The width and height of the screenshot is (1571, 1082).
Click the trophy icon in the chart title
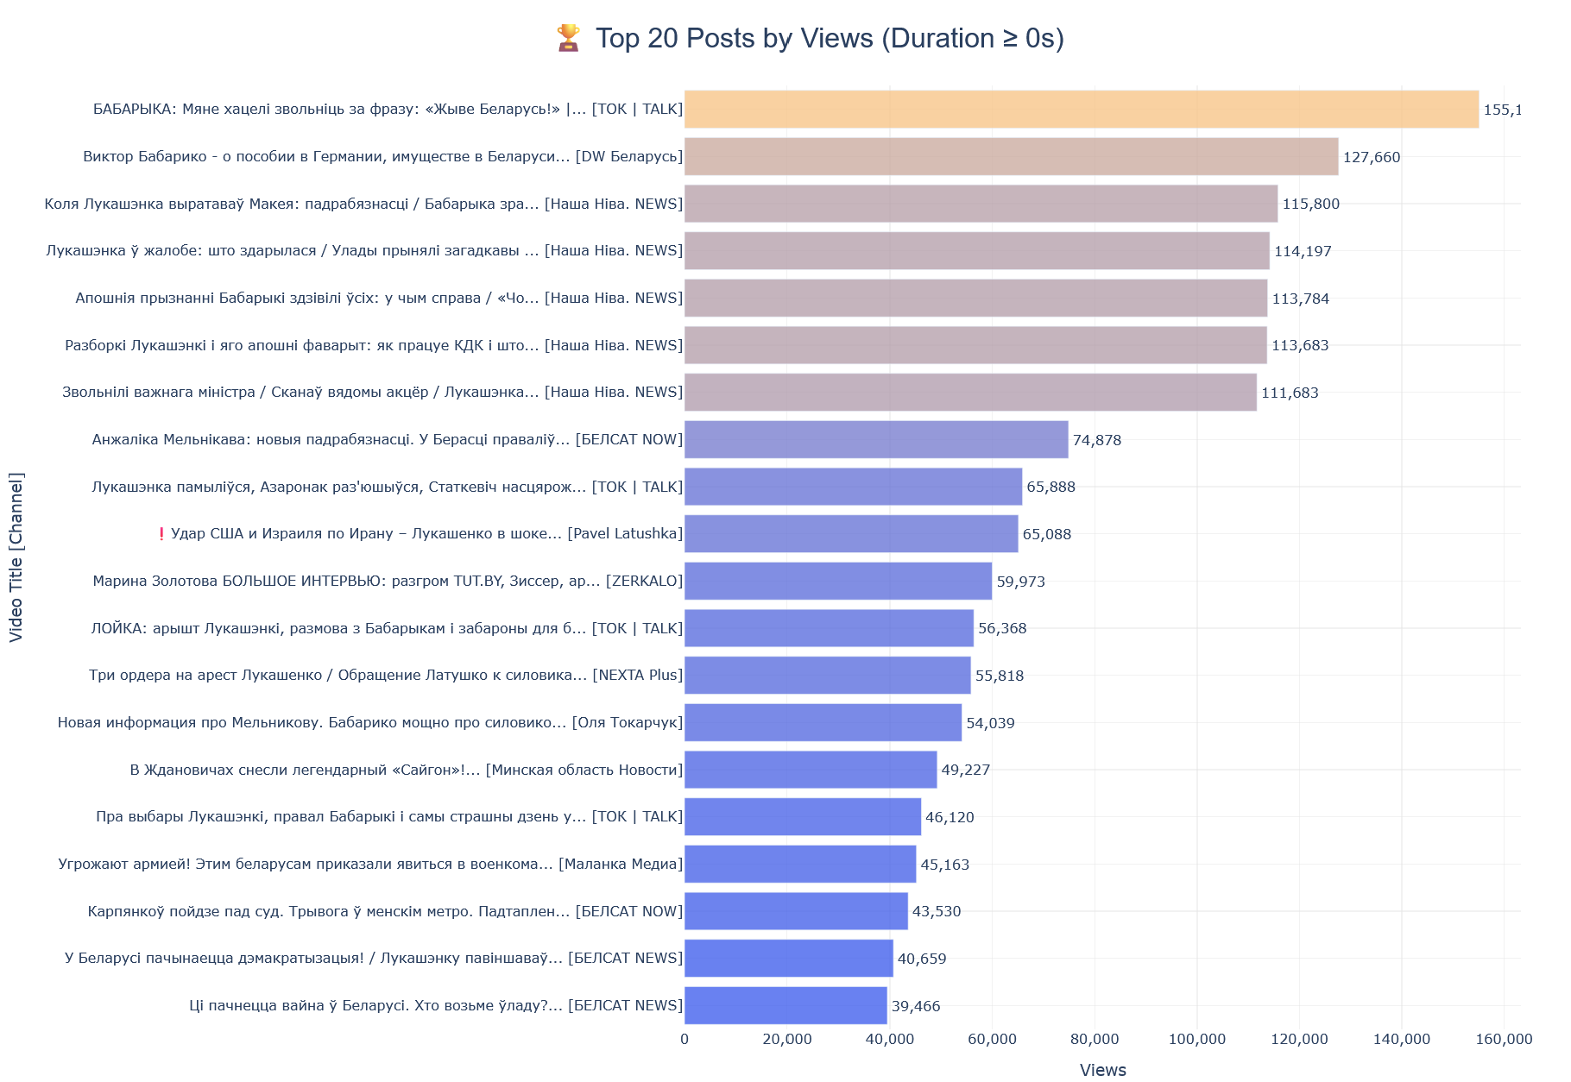coord(568,38)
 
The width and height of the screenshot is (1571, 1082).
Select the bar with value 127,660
coord(1011,157)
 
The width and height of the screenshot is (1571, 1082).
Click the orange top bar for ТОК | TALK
coord(1081,110)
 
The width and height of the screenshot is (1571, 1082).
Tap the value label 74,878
coord(1096,440)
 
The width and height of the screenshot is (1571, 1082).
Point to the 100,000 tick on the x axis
coord(1196,1040)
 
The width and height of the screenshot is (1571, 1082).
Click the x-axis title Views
coord(1102,1070)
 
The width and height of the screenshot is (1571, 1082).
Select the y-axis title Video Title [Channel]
coord(16,557)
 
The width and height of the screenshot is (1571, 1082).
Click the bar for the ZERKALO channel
coord(837,582)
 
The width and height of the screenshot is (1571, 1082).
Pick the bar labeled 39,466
coord(785,1006)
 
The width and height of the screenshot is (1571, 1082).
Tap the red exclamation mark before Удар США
coord(161,534)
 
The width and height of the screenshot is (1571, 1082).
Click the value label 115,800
coord(1310,204)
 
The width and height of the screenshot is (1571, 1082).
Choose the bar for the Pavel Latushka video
coord(850,534)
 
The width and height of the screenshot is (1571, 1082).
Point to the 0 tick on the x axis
coord(685,1040)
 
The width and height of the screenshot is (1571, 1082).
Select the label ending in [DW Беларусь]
coord(382,157)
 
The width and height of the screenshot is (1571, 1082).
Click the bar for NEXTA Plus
coord(827,676)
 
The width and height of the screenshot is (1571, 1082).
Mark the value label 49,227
coord(965,770)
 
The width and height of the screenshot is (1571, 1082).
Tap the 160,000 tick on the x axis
coord(1504,1040)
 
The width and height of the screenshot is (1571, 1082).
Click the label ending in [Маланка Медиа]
coord(370,865)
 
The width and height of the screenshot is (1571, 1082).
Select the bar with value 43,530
coord(796,911)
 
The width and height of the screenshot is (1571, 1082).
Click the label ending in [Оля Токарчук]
coord(370,723)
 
